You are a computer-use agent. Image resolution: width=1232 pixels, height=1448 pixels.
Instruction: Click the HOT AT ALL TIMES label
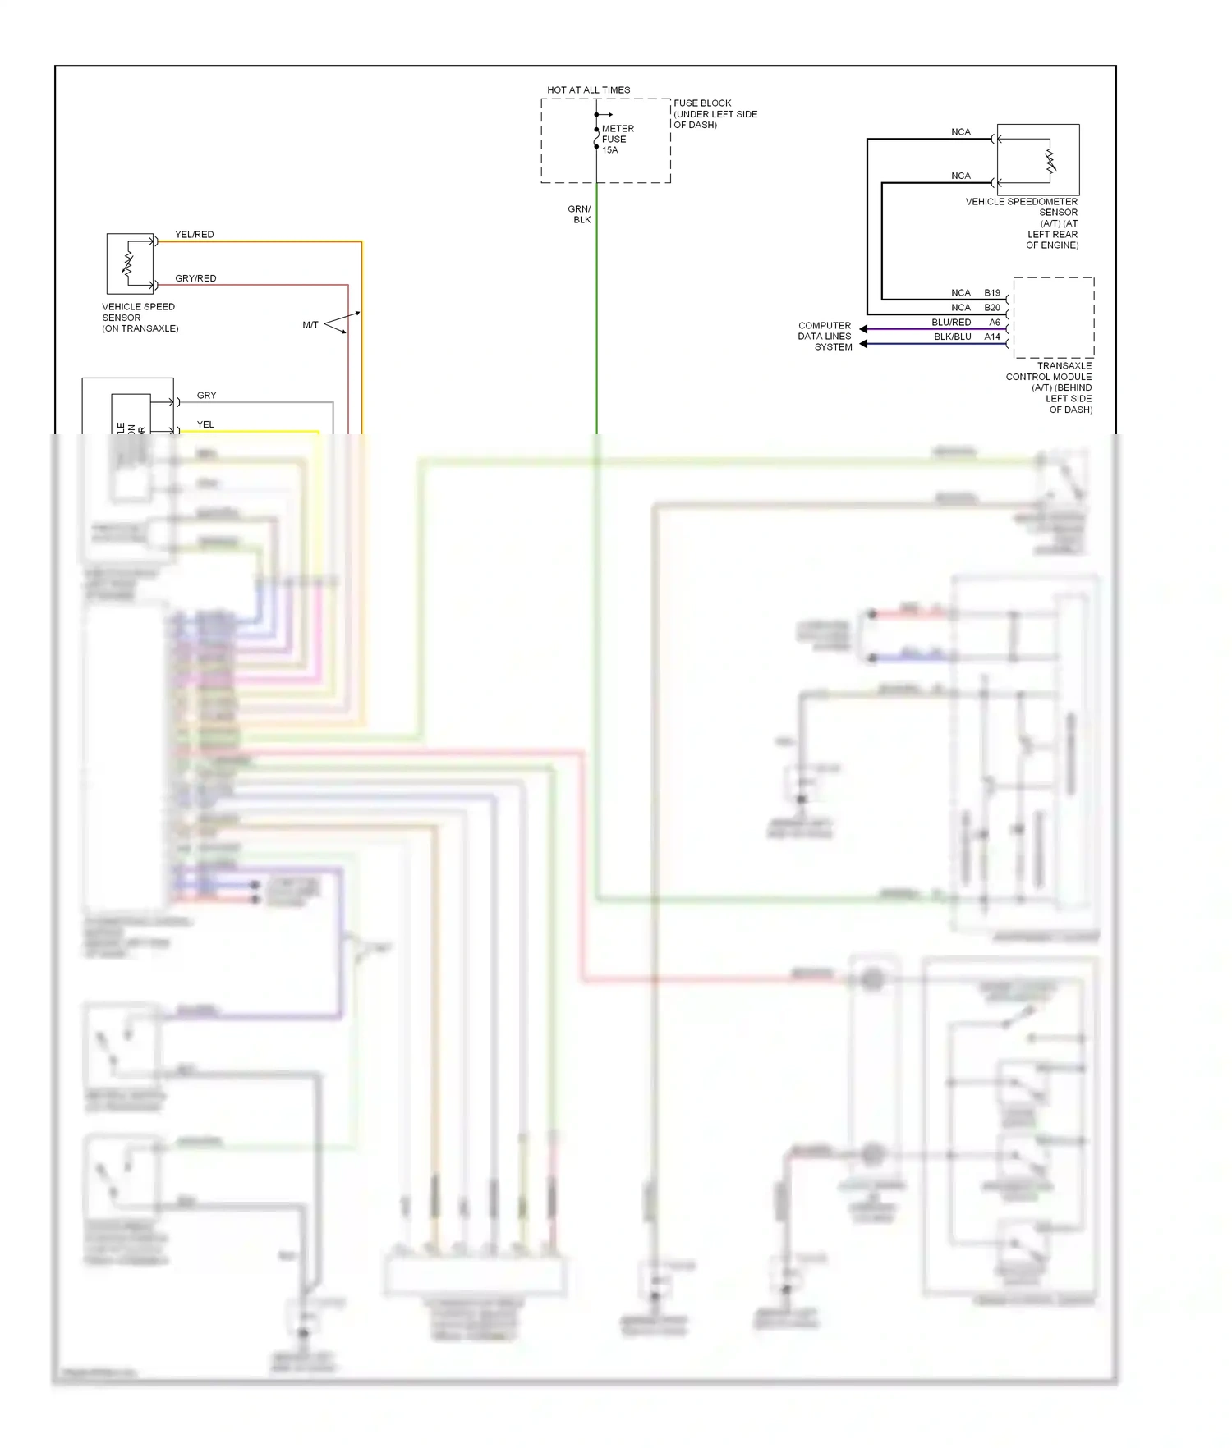[588, 90]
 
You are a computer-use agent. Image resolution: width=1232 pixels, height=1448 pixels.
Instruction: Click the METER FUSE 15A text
[617, 140]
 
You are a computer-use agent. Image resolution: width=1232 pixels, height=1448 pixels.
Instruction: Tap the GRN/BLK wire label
[580, 214]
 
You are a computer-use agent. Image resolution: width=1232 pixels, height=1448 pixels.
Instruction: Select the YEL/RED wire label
[194, 235]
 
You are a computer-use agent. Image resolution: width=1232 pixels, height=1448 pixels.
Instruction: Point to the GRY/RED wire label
[195, 279]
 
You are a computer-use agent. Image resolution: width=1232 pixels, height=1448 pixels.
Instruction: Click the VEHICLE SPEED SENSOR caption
[140, 318]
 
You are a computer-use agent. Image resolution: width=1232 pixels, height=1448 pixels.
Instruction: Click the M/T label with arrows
[310, 325]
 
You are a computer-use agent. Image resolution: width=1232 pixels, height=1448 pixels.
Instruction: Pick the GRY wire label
[206, 396]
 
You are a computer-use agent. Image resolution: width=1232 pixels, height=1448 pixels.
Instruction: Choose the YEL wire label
[205, 425]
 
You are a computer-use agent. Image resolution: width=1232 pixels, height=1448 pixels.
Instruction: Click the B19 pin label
[992, 293]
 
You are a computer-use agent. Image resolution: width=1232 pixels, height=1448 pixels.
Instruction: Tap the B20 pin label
[992, 308]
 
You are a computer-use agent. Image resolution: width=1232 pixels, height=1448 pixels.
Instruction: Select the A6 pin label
[995, 323]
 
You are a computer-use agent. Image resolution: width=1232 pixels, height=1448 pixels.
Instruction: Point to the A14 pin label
[992, 337]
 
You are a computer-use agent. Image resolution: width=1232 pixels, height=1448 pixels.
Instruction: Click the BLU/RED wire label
[951, 323]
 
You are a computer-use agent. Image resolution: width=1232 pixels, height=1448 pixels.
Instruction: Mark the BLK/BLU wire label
[952, 337]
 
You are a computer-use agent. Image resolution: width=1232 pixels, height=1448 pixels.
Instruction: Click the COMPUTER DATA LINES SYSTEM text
[825, 337]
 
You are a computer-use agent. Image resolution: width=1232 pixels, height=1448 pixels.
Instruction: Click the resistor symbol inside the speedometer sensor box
[1049, 161]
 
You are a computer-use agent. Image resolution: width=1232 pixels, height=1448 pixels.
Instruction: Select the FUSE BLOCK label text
[715, 114]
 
